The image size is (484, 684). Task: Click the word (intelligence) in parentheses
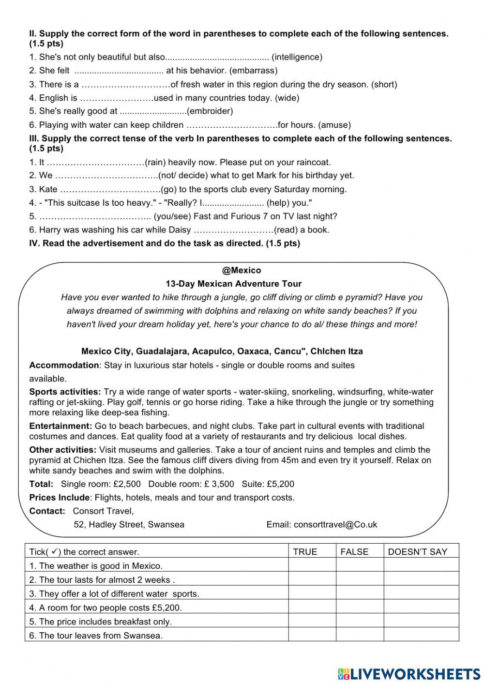click(x=297, y=57)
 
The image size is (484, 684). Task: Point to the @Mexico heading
click(x=242, y=270)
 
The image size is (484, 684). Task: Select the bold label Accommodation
click(x=63, y=365)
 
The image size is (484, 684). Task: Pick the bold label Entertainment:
click(x=60, y=426)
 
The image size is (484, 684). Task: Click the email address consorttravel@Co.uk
click(x=335, y=524)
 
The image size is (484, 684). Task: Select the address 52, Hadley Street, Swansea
click(x=129, y=524)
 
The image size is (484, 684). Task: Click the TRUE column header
click(x=305, y=551)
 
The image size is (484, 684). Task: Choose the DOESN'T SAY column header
click(x=417, y=551)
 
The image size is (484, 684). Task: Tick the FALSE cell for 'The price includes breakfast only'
click(x=360, y=621)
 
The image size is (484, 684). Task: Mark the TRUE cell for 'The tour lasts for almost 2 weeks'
click(x=312, y=579)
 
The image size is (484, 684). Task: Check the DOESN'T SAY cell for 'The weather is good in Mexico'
click(x=421, y=565)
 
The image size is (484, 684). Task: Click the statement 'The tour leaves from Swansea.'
click(x=96, y=636)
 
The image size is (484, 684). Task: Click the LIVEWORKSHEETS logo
click(x=409, y=673)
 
